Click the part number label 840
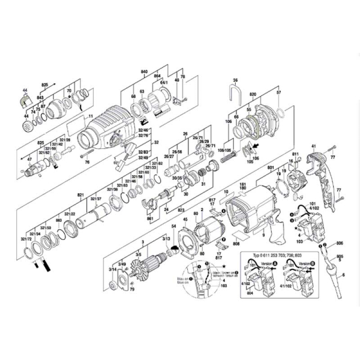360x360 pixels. [143, 71]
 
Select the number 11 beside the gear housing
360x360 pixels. [91, 115]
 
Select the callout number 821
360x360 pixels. [80, 196]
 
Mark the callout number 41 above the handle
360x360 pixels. [313, 146]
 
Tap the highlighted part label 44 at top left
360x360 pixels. [24, 91]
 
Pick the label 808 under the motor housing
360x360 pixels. [236, 244]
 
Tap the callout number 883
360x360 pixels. [59, 221]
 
